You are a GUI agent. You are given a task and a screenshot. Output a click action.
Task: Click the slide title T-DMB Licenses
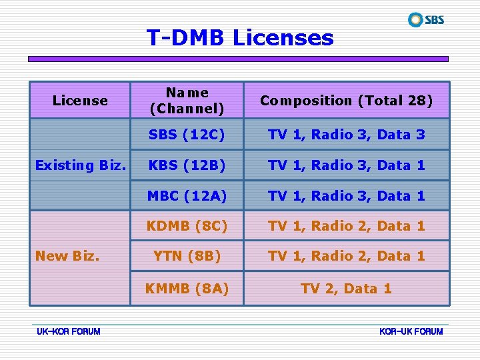tap(240, 37)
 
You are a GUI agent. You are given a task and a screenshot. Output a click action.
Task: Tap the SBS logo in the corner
tap(426, 19)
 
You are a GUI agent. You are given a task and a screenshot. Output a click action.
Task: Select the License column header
tap(80, 101)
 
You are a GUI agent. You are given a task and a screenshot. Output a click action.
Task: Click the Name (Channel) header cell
tap(187, 100)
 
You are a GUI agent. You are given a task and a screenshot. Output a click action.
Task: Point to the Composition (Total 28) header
tap(346, 101)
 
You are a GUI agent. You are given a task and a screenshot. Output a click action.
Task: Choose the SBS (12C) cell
tap(187, 135)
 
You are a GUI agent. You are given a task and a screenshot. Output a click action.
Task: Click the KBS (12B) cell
tap(187, 165)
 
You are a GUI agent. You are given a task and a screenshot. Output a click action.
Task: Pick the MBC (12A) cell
tap(187, 196)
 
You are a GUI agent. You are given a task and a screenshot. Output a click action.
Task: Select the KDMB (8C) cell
tap(187, 226)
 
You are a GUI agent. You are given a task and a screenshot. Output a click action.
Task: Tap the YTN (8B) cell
tap(187, 256)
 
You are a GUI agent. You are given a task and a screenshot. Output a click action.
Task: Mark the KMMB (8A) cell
tap(187, 289)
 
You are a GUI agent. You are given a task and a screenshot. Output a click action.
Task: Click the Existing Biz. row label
tap(80, 165)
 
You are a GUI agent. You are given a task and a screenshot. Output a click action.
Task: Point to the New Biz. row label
tap(67, 256)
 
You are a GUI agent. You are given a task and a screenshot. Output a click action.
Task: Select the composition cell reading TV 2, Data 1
tap(346, 289)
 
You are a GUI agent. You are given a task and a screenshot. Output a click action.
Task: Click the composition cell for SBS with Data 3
tap(346, 135)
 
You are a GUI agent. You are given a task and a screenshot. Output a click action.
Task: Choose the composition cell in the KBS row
tap(346, 165)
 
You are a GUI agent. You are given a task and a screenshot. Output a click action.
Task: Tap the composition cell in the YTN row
tap(346, 256)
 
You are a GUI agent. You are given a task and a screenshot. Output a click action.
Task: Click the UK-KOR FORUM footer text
tap(69, 331)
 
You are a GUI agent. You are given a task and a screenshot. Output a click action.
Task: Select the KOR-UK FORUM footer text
tap(411, 331)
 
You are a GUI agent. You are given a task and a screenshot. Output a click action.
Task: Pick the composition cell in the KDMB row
tap(346, 226)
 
